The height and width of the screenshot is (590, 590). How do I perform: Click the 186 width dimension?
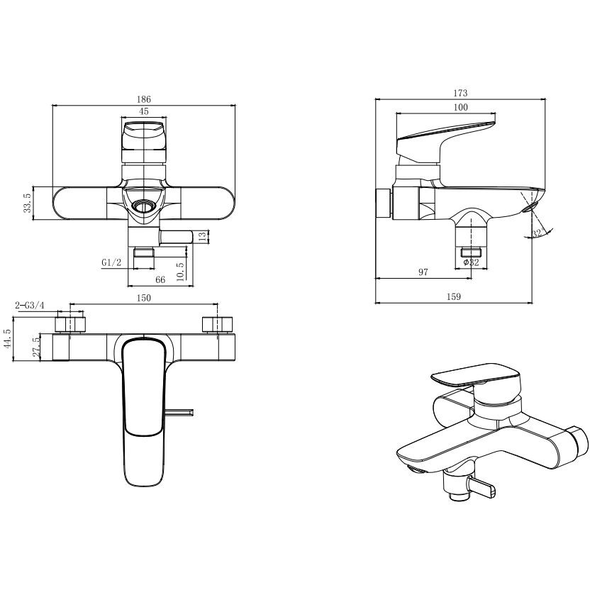coord(144,99)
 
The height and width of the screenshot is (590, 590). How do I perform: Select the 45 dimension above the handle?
coord(144,111)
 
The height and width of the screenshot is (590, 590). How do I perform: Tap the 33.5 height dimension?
coord(28,204)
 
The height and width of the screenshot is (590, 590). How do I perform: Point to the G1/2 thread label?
coord(112,262)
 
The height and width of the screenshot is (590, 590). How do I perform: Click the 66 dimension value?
coord(160,280)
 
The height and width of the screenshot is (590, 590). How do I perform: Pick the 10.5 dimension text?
coord(180,271)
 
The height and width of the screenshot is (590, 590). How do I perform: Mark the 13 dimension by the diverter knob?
coord(202,237)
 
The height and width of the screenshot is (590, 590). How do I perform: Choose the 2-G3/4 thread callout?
coord(30,306)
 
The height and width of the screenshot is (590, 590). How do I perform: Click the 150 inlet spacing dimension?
coord(144,298)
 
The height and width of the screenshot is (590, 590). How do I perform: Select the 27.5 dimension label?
coord(36,347)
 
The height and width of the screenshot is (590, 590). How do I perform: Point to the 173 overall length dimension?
coord(460,93)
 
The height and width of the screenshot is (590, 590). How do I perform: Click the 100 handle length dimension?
coord(460,108)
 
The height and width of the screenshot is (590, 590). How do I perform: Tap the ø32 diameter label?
coord(471,262)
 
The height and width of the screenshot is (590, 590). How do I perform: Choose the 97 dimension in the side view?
coord(423,272)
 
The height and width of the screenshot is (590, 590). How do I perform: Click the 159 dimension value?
coord(454,297)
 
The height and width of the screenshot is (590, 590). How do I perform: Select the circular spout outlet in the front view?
coord(143,206)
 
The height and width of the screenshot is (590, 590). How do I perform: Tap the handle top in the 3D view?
coord(475,374)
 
